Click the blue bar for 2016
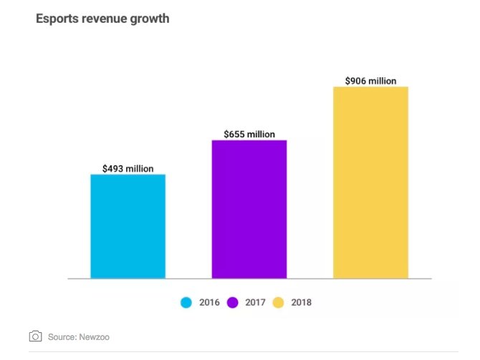click(x=128, y=226)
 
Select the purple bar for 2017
click(x=249, y=209)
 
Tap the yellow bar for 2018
click(x=370, y=183)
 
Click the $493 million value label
click(x=128, y=168)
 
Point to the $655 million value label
click(x=249, y=134)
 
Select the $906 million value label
click(x=370, y=81)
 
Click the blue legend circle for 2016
click(x=186, y=303)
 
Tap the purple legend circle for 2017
click(x=233, y=303)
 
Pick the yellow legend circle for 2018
click(x=279, y=303)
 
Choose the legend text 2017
click(x=254, y=303)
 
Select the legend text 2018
click(x=301, y=303)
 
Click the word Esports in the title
click(x=56, y=19)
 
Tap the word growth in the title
click(x=151, y=19)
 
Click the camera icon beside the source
click(x=35, y=336)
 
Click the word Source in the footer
click(x=62, y=336)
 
